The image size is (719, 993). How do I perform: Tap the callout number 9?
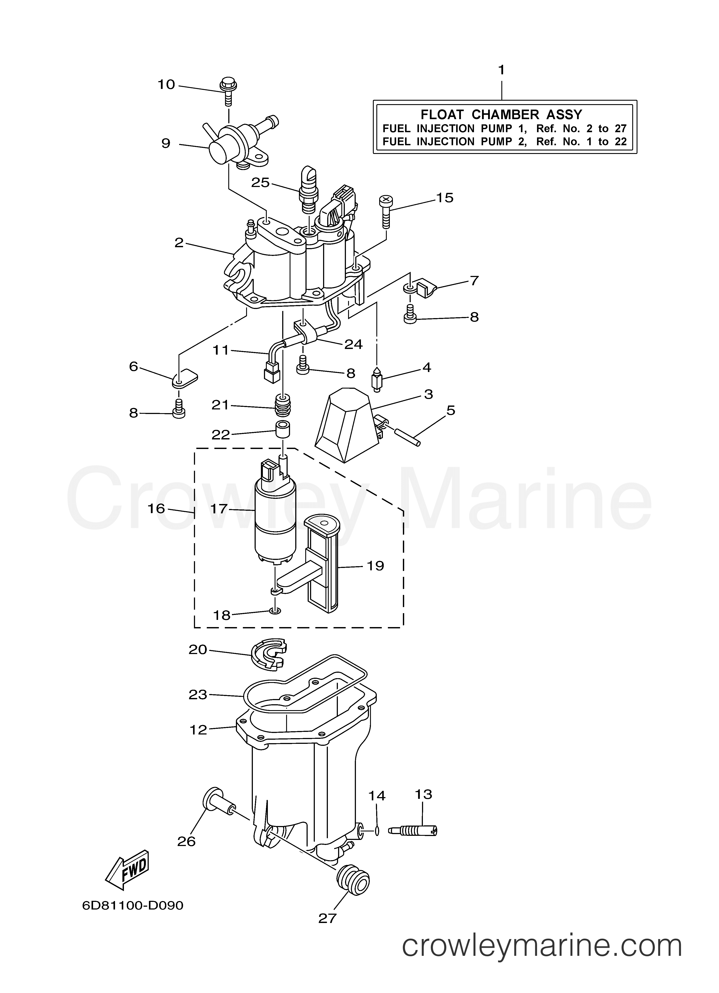[x=165, y=143]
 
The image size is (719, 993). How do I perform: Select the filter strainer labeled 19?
[x=322, y=565]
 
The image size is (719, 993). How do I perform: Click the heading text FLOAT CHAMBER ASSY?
[x=501, y=115]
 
